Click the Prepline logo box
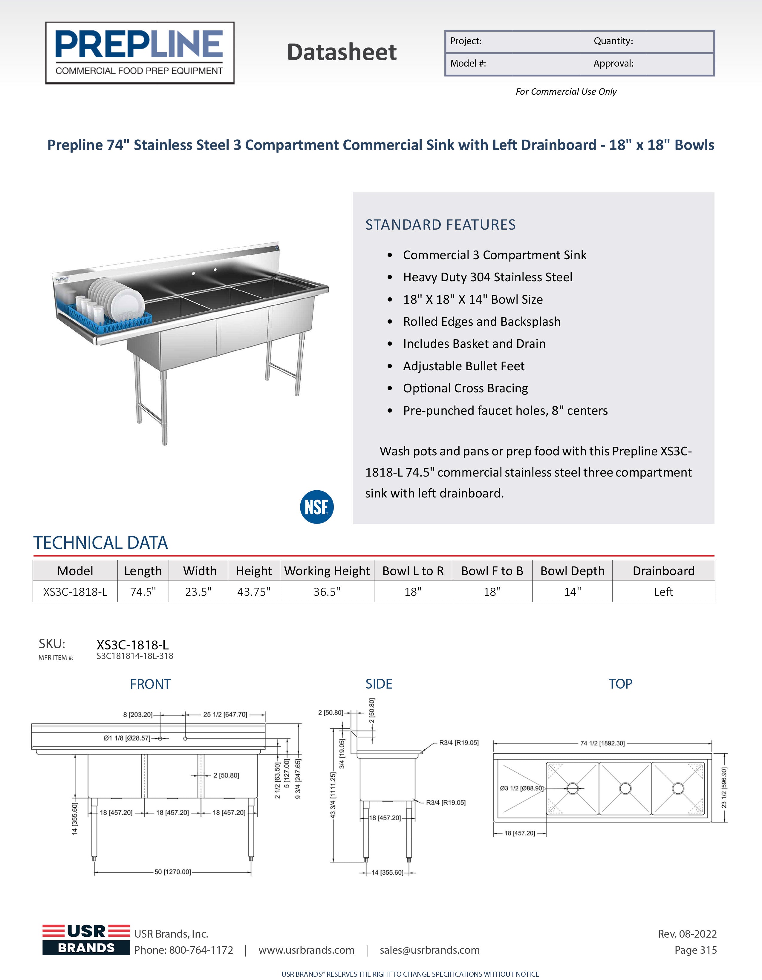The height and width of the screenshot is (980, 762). tap(140, 53)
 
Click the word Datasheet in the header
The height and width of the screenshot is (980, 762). tap(342, 52)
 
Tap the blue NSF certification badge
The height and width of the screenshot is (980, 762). tap(316, 507)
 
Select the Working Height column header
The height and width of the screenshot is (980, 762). tap(327, 571)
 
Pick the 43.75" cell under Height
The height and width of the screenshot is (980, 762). tap(254, 592)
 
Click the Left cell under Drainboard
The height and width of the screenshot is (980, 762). tap(663, 592)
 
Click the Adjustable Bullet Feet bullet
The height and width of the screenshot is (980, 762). tap(463, 366)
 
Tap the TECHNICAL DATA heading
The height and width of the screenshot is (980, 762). tap(101, 543)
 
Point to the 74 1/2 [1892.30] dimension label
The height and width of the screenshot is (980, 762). tap(602, 744)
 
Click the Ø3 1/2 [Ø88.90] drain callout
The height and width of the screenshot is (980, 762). tap(522, 788)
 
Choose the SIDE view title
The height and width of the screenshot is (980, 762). tap(379, 684)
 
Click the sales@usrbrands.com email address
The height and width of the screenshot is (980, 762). tap(430, 950)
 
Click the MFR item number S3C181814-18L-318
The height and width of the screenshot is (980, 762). tap(135, 656)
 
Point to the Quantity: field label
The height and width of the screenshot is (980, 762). tap(613, 41)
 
